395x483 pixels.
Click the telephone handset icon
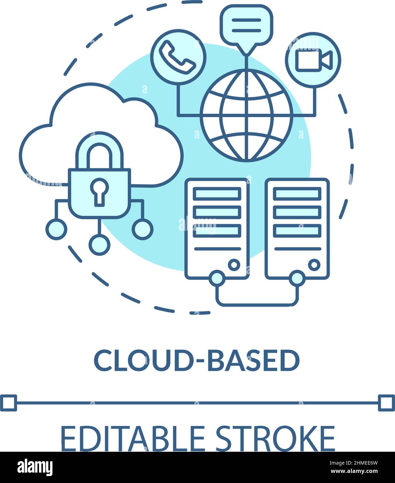point(177,57)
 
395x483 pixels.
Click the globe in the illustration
point(246,115)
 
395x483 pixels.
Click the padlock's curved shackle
point(99,148)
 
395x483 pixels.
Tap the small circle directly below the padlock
point(99,245)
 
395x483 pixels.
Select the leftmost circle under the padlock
point(56,229)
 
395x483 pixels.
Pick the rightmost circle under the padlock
point(142,229)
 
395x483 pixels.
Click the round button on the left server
point(234,265)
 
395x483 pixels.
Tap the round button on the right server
point(314,265)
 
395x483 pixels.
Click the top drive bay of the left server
point(217,194)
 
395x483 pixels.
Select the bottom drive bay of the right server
point(297,230)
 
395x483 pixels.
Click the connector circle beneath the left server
point(217,278)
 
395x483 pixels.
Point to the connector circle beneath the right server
point(297,278)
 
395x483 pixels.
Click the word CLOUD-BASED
point(197,360)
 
